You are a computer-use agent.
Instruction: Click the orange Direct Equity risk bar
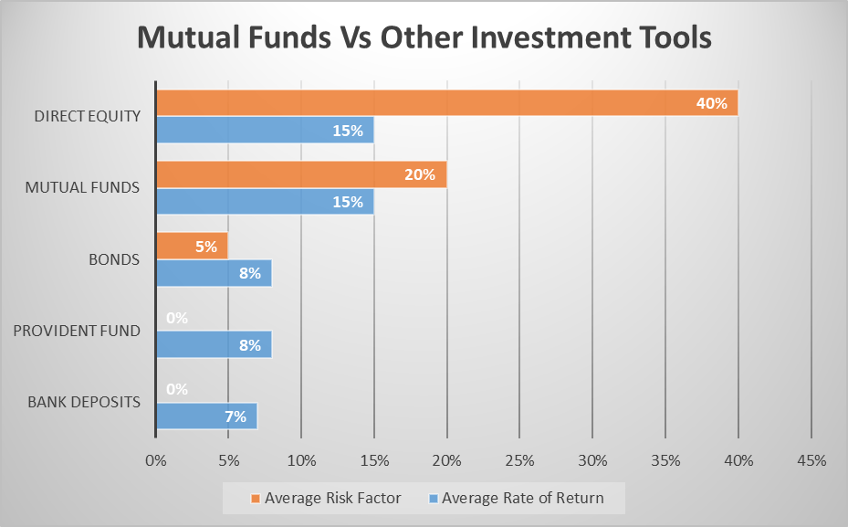coord(447,103)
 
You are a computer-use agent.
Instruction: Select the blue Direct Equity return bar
coord(265,130)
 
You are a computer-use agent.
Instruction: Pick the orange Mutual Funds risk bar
coord(302,174)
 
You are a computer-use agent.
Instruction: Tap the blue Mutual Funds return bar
coord(265,201)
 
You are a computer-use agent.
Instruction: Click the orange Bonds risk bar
coord(192,247)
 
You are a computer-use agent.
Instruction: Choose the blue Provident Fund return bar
coord(215,344)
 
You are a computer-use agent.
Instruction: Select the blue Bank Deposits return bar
coord(207,416)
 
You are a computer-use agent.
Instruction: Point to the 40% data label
coord(712,103)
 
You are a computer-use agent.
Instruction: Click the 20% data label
coord(420,174)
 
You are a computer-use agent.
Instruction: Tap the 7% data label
coord(236,416)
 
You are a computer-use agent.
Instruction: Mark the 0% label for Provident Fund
coord(177,318)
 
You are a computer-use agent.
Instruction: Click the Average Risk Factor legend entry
coord(326,498)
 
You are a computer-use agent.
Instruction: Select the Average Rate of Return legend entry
coord(517,498)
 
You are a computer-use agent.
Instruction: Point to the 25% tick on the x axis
coord(519,460)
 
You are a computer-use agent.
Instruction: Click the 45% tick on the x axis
coord(811,460)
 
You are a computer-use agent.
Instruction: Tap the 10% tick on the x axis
coord(301,460)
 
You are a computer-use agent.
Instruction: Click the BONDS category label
coord(114,259)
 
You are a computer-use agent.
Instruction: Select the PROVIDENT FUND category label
coord(77,331)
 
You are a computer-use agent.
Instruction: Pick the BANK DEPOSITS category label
coord(84,402)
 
